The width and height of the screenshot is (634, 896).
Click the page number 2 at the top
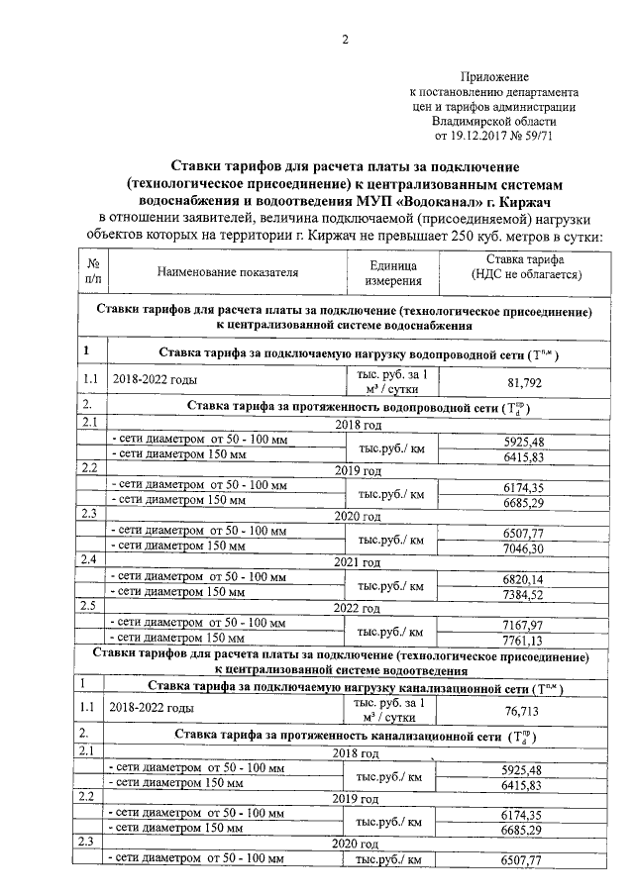[345, 40]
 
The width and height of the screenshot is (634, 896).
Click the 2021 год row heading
[357, 562]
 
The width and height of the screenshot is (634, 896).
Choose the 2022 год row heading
[357, 608]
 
